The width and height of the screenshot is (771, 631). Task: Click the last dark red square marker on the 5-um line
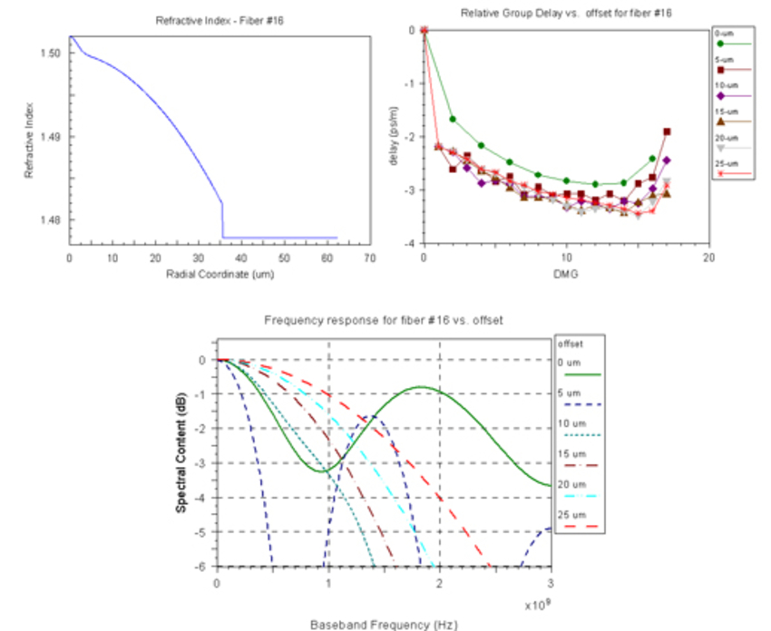click(x=667, y=131)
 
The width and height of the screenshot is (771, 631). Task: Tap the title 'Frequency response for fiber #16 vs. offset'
click(x=384, y=320)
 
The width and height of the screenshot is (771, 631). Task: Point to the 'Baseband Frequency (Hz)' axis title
click(x=384, y=624)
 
